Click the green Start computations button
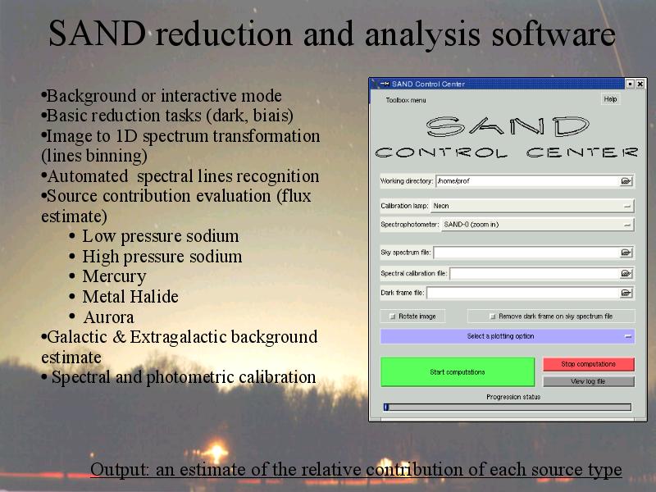click(458, 371)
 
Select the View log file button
click(588, 381)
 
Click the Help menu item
click(610, 99)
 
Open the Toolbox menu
click(406, 100)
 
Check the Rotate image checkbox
click(393, 317)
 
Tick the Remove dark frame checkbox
click(493, 317)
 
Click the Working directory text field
click(528, 181)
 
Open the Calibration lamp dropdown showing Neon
click(532, 206)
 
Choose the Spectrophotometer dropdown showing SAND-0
click(537, 225)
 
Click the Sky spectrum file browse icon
click(626, 253)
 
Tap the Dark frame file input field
click(523, 293)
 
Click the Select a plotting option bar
click(507, 336)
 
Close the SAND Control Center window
click(640, 84)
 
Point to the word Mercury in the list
click(114, 277)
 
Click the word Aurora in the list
click(109, 317)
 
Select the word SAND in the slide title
click(97, 34)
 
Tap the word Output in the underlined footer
click(119, 469)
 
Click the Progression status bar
click(507, 407)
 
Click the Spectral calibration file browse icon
click(626, 273)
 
